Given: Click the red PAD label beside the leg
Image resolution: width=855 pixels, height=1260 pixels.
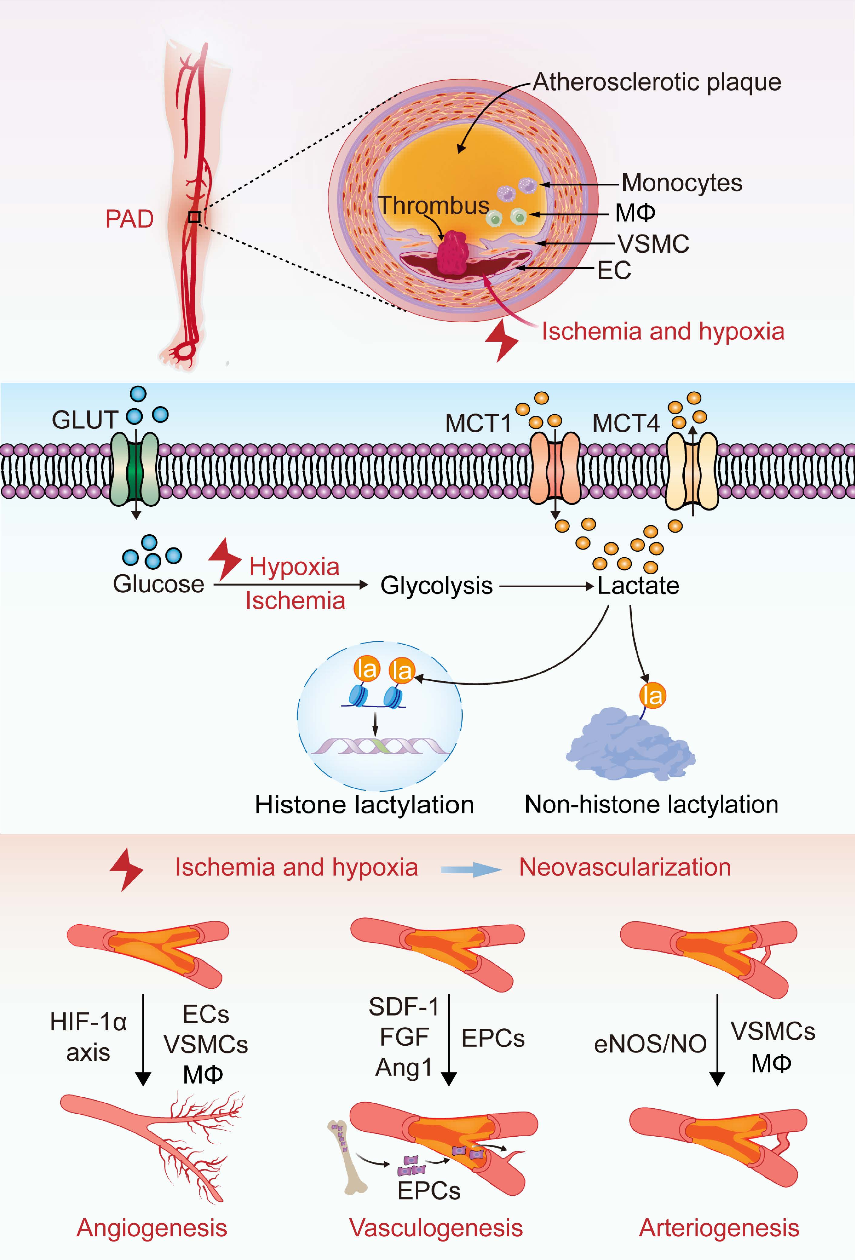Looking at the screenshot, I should point(129,219).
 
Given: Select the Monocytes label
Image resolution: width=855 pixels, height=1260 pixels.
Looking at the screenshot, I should point(681,183).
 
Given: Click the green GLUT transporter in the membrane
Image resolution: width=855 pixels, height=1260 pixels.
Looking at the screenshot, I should point(135,469).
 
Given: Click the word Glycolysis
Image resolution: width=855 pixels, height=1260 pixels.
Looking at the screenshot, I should point(437,586).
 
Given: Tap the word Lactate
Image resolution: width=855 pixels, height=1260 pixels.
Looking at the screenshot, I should point(638,586).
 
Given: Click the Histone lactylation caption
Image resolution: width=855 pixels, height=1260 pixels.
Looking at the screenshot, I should point(364,805).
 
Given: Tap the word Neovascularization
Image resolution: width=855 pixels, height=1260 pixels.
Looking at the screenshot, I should point(624,867).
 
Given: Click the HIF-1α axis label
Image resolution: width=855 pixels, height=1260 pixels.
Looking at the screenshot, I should point(88,1037).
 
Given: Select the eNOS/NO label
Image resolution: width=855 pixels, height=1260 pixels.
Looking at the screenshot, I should point(650,1044).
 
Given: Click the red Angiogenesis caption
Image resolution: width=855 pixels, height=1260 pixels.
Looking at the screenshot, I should point(152,1228).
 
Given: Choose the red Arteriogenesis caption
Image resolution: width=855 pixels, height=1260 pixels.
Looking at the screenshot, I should point(719,1228).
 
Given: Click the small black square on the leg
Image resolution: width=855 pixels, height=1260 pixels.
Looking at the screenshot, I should point(194,217).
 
